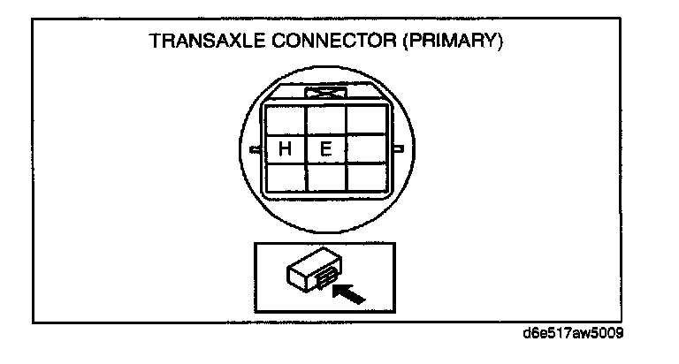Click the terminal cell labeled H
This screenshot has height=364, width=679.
pos(285,149)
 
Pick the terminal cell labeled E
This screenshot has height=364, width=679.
pos(325,149)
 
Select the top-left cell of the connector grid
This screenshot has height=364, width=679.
pos(285,119)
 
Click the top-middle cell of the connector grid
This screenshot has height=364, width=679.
pos(325,119)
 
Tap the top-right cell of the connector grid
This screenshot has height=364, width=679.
pos(365,119)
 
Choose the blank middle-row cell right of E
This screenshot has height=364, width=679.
pos(365,149)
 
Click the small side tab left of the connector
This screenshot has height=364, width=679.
pos(256,148)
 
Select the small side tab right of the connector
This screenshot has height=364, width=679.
pos(399,148)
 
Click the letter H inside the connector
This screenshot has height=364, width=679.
pos(285,149)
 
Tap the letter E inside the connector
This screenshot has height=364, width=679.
pos(325,149)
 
